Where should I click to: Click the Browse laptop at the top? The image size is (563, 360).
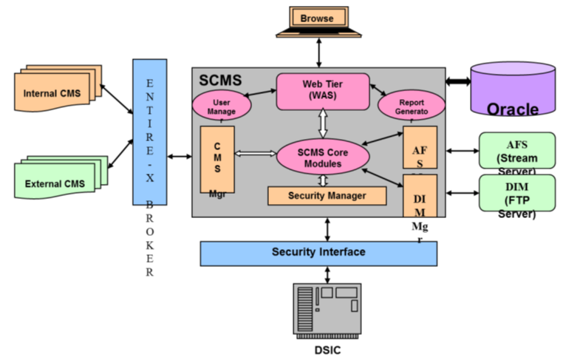pyautogui.click(x=318, y=21)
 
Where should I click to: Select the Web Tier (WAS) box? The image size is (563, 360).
pyautogui.click(x=322, y=89)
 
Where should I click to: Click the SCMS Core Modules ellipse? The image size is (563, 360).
pyautogui.click(x=322, y=157)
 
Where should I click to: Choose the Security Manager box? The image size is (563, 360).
pyautogui.click(x=327, y=195)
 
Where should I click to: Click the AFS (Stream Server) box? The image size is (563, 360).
pyautogui.click(x=517, y=152)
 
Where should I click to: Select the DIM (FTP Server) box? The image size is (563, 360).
pyautogui.click(x=517, y=194)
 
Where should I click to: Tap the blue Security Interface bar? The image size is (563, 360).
pyautogui.click(x=318, y=253)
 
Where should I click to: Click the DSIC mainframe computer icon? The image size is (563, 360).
pyautogui.click(x=327, y=308)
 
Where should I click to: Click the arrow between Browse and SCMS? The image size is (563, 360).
pyautogui.click(x=318, y=53)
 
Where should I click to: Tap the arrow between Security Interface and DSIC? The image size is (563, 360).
pyautogui.click(x=327, y=274)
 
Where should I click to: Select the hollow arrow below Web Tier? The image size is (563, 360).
pyautogui.click(x=322, y=121)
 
